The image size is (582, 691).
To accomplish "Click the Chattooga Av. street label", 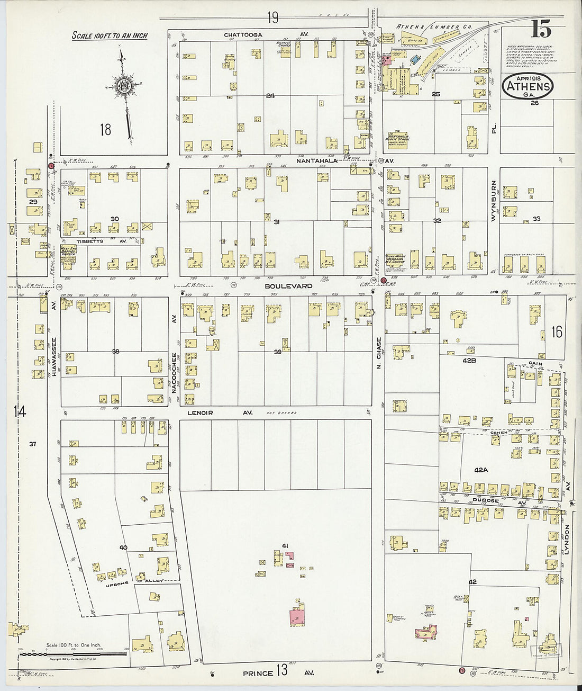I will (250, 35).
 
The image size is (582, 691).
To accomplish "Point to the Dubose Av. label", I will (492, 500).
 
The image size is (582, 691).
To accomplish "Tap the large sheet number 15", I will (541, 29).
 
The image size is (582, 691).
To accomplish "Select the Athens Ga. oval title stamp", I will (528, 86).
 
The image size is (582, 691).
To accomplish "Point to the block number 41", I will (285, 546).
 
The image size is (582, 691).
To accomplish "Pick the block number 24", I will (270, 96).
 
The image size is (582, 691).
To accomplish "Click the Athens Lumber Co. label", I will (434, 26).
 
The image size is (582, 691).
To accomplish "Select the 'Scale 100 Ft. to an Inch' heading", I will (110, 36).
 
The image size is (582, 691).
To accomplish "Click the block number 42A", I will (480, 470).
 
